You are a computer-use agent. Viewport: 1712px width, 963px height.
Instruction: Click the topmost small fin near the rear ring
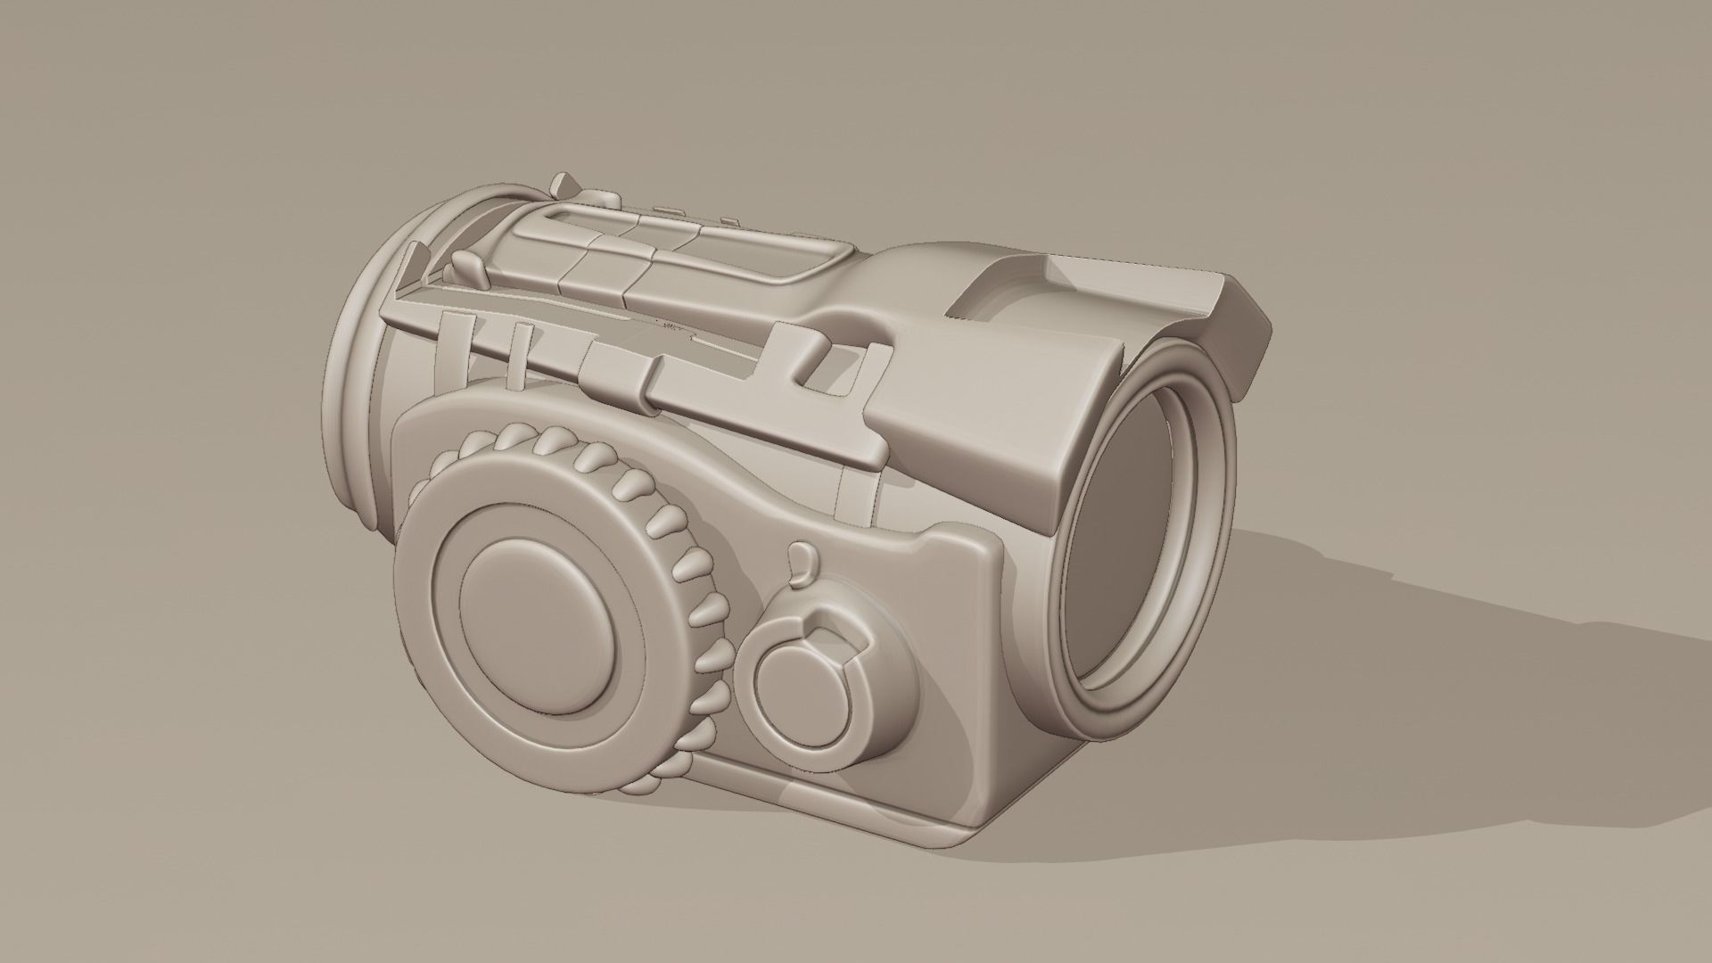pyautogui.click(x=564, y=185)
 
